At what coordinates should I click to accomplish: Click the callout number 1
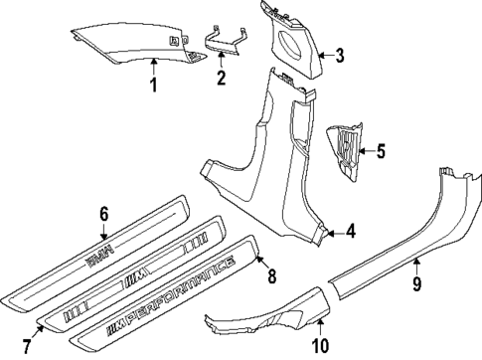click(x=154, y=84)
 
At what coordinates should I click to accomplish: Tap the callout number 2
click(x=222, y=76)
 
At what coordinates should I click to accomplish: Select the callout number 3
click(x=339, y=56)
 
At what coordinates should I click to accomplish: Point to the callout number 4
click(x=350, y=233)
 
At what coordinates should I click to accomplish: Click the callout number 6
click(x=102, y=213)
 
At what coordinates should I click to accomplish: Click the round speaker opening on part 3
click(x=298, y=44)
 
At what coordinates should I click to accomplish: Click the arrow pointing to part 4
click(x=335, y=233)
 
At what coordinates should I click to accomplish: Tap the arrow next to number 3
click(x=325, y=56)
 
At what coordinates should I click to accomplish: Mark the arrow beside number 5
click(x=365, y=152)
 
